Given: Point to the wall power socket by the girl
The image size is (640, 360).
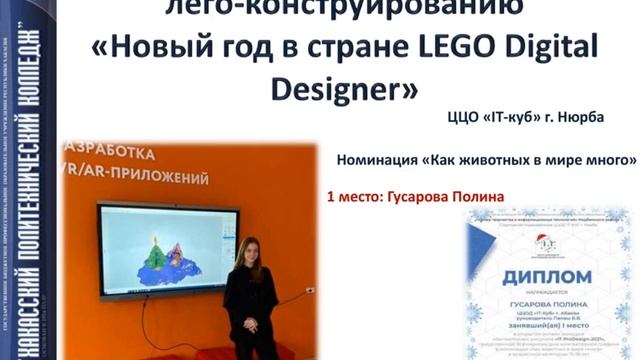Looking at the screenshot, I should coord(309,290).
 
